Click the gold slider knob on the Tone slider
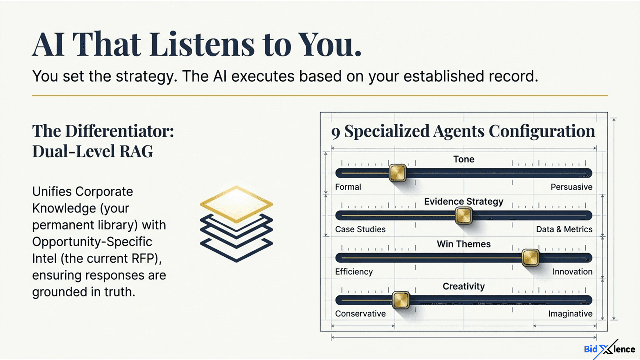pyautogui.click(x=398, y=173)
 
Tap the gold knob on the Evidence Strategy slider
pyautogui.click(x=464, y=215)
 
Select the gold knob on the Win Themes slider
pyautogui.click(x=530, y=258)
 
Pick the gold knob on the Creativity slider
pyautogui.click(x=401, y=300)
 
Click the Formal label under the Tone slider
pyautogui.click(x=348, y=187)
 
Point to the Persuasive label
pyautogui.click(x=571, y=187)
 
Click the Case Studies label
pyautogui.click(x=360, y=229)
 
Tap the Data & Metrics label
pyautogui.click(x=564, y=229)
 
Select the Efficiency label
pyautogui.click(x=354, y=272)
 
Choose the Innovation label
pyautogui.click(x=572, y=272)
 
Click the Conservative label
pyautogui.click(x=360, y=314)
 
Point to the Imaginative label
pyautogui.click(x=570, y=314)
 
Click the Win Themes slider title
pyautogui.click(x=464, y=244)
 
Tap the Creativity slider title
pyautogui.click(x=464, y=287)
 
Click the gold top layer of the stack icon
pyautogui.click(x=236, y=204)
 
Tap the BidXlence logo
pyautogui.click(x=610, y=349)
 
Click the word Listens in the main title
pyautogui.click(x=202, y=45)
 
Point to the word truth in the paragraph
pyautogui.click(x=120, y=292)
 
